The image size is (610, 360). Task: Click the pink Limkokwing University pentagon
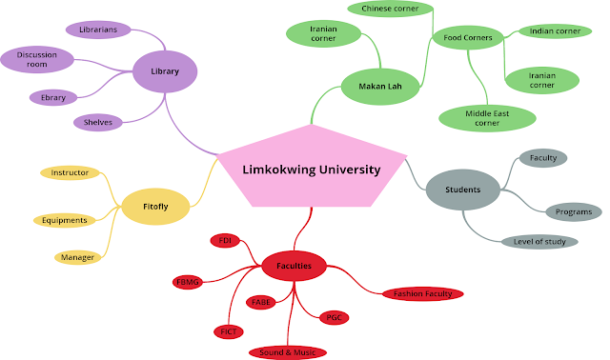311,169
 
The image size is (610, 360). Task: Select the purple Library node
165,71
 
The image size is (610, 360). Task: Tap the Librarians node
98,30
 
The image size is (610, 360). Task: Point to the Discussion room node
43,59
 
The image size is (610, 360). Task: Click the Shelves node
98,122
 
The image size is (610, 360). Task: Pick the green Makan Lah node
380,88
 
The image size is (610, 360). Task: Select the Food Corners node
467,39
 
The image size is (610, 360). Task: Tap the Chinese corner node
390,9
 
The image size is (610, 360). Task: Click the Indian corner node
555,31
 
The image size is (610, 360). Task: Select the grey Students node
462,190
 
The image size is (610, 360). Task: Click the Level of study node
539,241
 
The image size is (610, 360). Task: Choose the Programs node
573,211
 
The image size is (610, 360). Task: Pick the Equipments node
66,220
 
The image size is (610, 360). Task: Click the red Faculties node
295,266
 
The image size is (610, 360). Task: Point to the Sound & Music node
288,352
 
